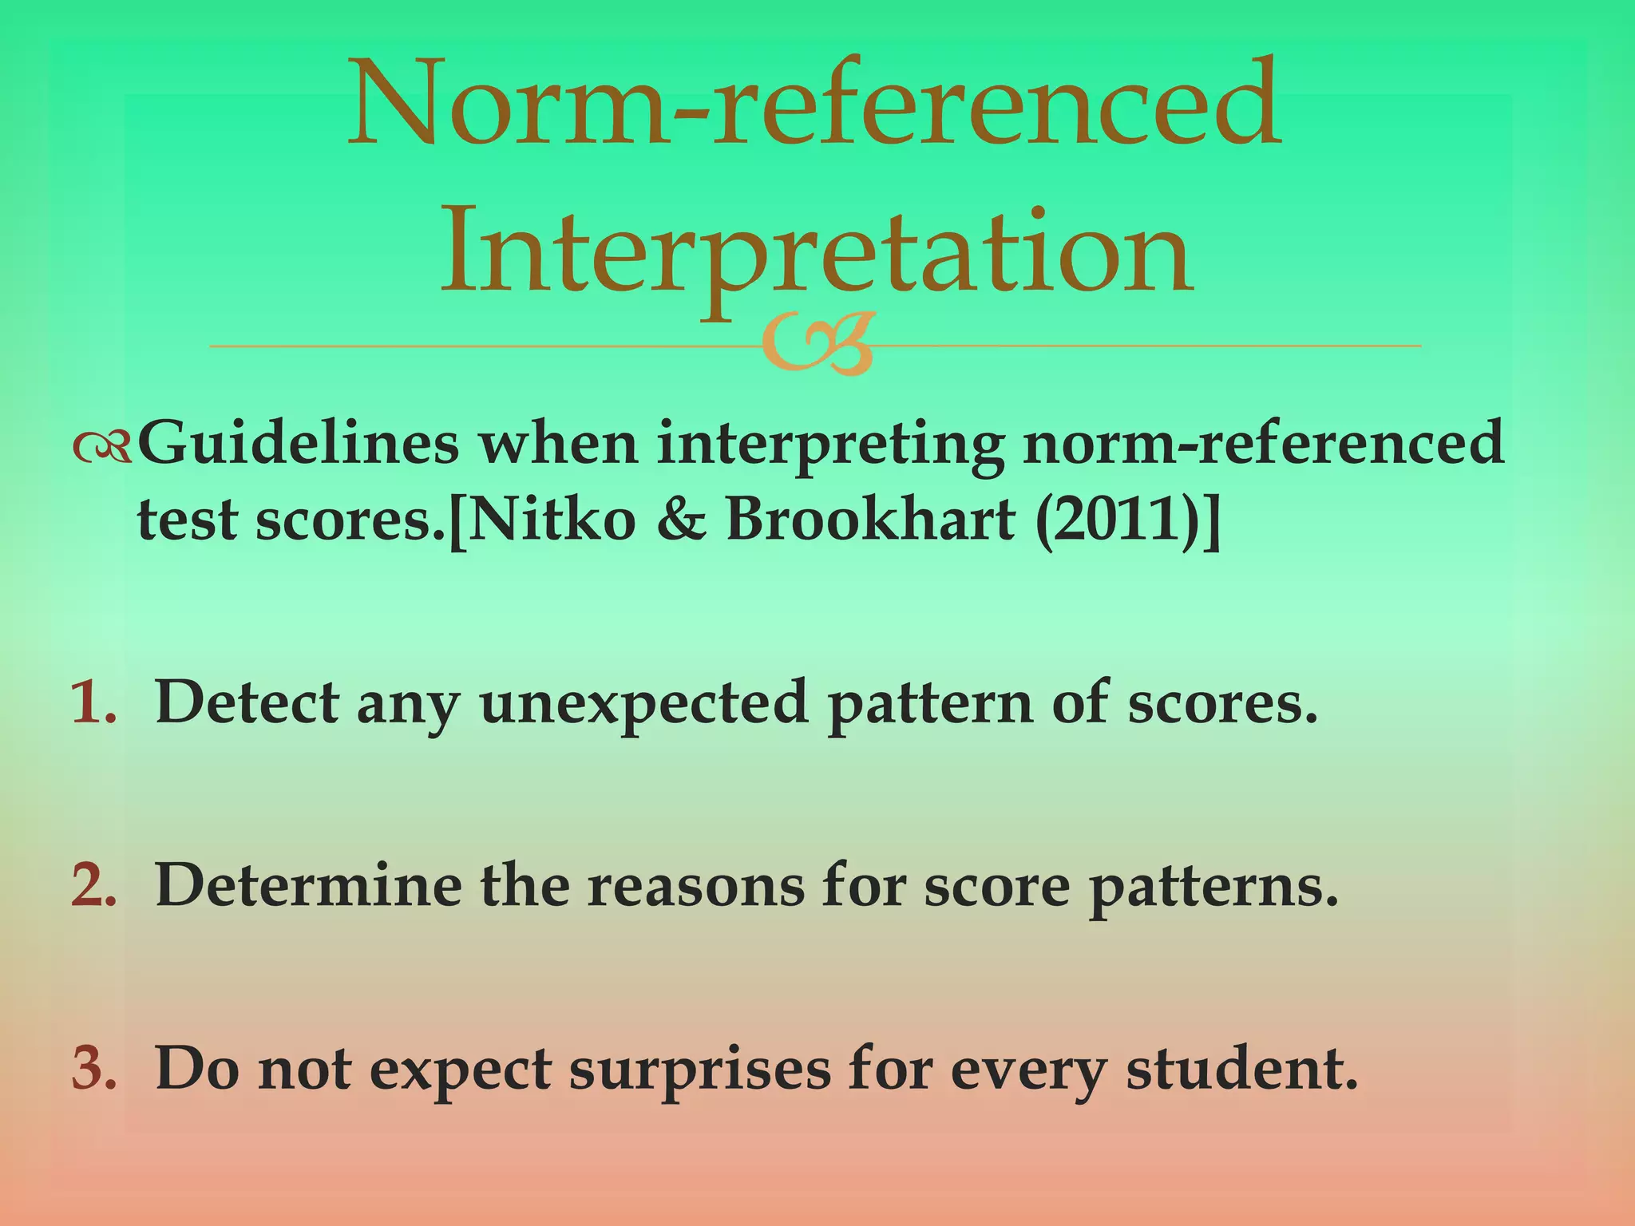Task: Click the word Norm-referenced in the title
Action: (x=814, y=104)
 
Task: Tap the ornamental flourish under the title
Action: (x=819, y=345)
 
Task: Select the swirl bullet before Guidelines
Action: (x=101, y=450)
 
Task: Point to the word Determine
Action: (x=307, y=886)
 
